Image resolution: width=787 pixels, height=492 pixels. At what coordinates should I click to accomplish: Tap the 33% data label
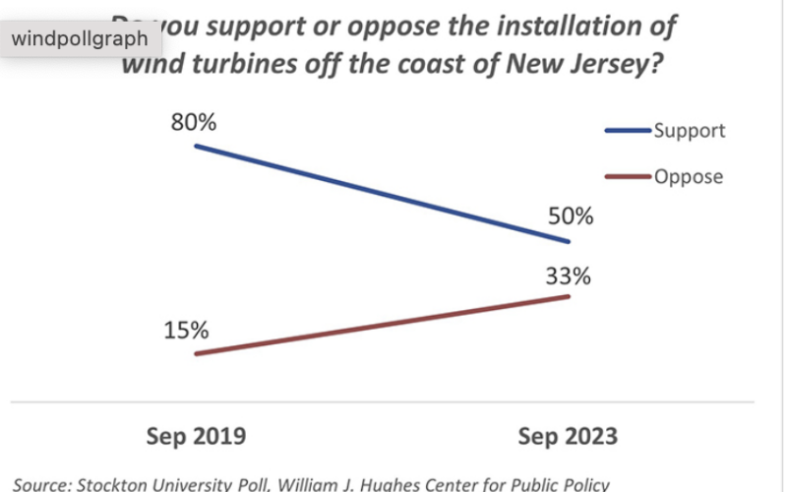pos(569,277)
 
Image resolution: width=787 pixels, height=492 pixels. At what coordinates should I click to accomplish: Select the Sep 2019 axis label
pos(195,435)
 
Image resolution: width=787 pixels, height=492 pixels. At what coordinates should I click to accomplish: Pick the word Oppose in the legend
pos(689,177)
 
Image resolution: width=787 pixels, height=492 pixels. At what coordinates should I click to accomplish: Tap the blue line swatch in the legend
pos(627,131)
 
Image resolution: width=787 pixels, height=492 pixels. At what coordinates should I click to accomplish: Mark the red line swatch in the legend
pos(627,177)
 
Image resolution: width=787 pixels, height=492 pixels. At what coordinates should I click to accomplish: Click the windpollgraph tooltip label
pos(79,39)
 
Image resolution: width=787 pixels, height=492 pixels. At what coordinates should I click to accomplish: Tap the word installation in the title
pos(564,26)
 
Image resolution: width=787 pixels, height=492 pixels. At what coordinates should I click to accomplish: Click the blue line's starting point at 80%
pos(196,146)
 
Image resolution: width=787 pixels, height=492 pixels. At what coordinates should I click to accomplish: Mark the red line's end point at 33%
pos(569,296)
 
